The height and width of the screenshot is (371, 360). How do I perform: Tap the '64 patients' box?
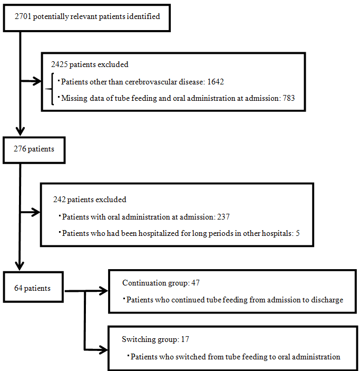click(33, 288)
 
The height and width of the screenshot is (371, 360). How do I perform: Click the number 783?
click(290, 98)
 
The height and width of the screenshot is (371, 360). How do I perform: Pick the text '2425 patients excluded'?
click(90, 65)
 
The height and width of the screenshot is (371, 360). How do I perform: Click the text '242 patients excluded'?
click(90, 200)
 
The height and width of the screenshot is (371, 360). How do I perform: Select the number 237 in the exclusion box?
click(223, 217)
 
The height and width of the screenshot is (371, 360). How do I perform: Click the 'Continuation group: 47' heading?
click(161, 283)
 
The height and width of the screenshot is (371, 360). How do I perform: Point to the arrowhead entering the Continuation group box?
click(103, 291)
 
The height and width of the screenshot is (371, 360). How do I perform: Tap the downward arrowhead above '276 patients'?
click(20, 132)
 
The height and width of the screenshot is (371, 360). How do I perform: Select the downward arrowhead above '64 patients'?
click(20, 266)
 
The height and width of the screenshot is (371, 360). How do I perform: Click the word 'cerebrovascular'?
click(144, 82)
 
